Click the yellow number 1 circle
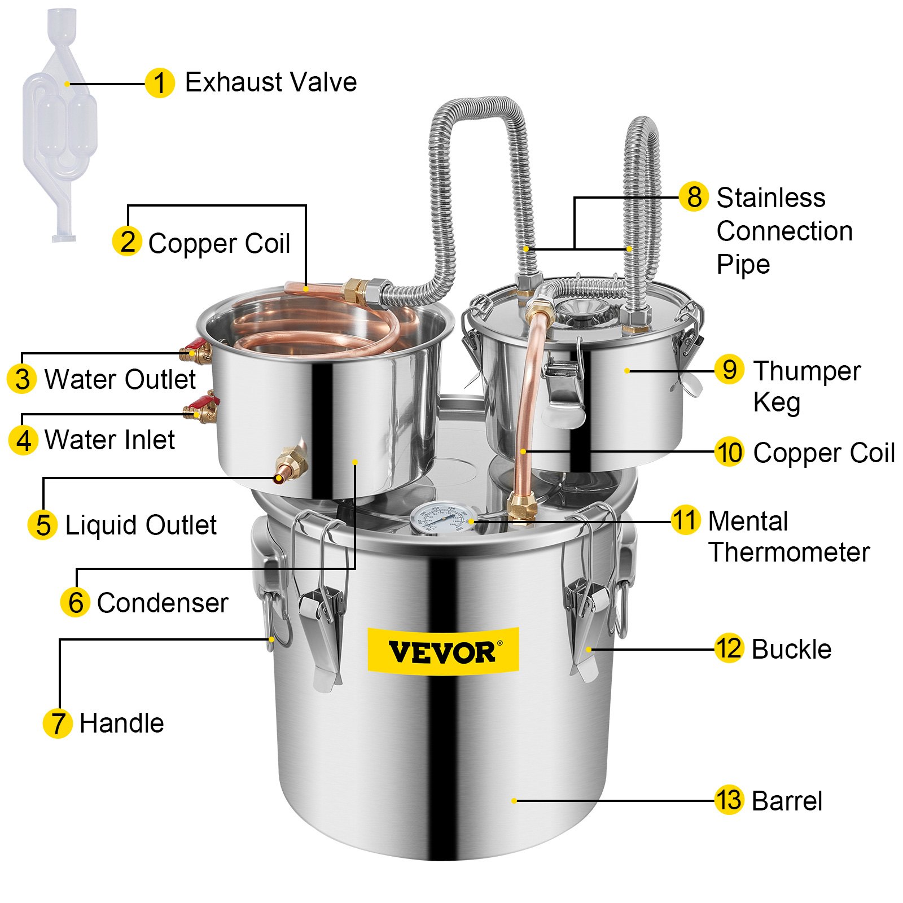(159, 84)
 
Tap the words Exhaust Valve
(271, 82)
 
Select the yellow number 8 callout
(694, 197)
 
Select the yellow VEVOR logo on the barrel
(443, 651)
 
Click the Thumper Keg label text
(806, 386)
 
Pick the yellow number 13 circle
(729, 800)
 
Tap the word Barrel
(787, 801)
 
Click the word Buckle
(791, 650)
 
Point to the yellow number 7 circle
(58, 724)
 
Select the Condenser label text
(163, 603)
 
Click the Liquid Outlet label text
(141, 525)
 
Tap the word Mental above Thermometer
(748, 521)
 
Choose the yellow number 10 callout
(729, 452)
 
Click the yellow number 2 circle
(127, 242)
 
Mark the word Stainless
(771, 198)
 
